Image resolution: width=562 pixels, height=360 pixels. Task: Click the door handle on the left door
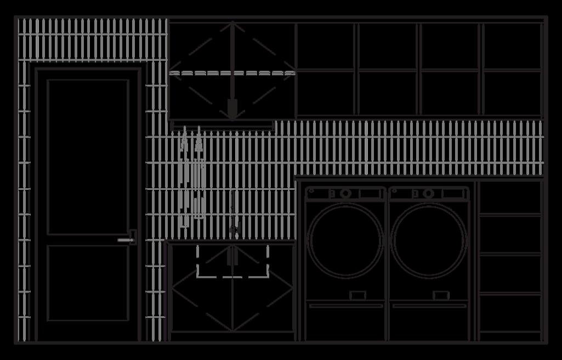tap(127, 239)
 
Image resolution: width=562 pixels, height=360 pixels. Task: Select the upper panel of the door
tap(88, 157)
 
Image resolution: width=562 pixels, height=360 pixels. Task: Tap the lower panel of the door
tap(88, 283)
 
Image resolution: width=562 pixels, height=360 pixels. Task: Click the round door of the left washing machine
tap(345, 240)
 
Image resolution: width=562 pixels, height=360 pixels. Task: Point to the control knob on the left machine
tap(345, 193)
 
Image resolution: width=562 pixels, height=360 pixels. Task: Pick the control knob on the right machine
tap(429, 193)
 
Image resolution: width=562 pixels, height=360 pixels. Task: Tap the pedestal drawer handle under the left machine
tap(345, 306)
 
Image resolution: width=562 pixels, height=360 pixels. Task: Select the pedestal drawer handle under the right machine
tap(429, 306)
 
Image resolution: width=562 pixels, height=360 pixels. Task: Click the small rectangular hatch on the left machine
tap(357, 295)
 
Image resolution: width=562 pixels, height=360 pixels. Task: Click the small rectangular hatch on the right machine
tap(440, 295)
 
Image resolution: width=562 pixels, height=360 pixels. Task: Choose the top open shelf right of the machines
tap(510, 198)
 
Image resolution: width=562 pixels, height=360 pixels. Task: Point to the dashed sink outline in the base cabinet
tap(232, 262)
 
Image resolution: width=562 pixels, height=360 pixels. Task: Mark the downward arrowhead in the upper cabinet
tap(232, 108)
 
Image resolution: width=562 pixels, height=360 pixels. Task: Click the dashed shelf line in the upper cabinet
tap(232, 73)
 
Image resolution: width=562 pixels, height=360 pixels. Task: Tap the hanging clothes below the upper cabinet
tap(192, 181)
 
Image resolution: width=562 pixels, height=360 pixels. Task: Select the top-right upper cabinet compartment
tap(512, 46)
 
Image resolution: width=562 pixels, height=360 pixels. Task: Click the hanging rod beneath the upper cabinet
tap(222, 125)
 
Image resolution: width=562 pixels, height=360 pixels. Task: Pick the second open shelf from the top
tap(510, 234)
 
